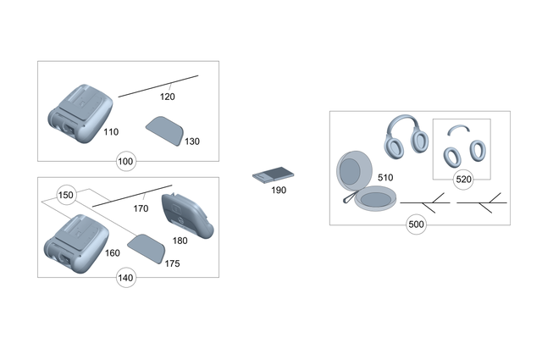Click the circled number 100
tap(125, 161)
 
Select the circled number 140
tap(125, 278)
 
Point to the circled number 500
tap(416, 224)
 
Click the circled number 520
tap(463, 180)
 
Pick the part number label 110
tap(111, 132)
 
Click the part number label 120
tap(168, 97)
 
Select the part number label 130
tap(193, 141)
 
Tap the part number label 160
tap(113, 252)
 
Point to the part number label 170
tap(141, 208)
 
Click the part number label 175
tap(172, 263)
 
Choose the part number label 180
tap(180, 241)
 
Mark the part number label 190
tap(279, 191)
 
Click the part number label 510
tap(385, 178)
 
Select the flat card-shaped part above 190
tap(272, 176)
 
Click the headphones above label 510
tap(406, 137)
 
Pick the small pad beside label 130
tap(163, 131)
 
